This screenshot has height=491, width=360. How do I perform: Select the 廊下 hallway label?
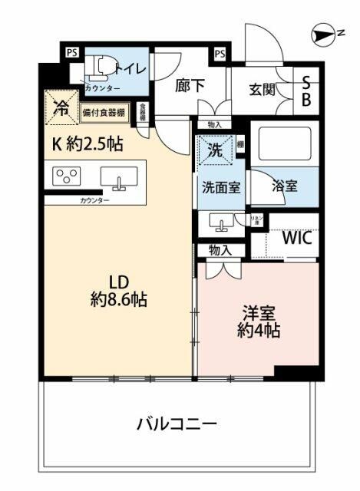pos(190,86)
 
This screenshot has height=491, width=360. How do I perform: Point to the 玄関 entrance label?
pos(263,90)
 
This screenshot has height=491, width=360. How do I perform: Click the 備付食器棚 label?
pos(107,114)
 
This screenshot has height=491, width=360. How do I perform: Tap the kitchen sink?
pos(118,179)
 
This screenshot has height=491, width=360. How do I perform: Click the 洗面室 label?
pos(223,186)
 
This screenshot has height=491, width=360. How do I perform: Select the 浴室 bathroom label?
pos(286,185)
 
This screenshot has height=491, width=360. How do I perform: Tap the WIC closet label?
pos(297,237)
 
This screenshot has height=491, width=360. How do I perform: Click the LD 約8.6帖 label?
pos(117,291)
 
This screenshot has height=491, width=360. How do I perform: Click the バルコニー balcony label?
pos(177,423)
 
